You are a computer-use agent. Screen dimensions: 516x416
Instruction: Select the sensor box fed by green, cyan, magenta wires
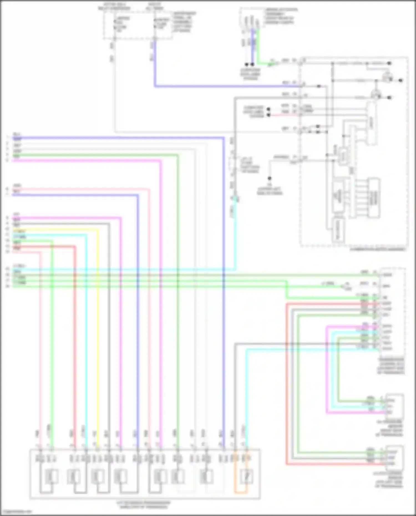click(395, 406)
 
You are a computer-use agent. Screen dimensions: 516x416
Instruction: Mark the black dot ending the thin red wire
click(268, 115)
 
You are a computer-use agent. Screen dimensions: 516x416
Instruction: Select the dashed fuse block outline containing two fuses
click(138, 25)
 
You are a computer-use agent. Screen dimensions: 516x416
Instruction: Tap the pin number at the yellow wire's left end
click(7, 229)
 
